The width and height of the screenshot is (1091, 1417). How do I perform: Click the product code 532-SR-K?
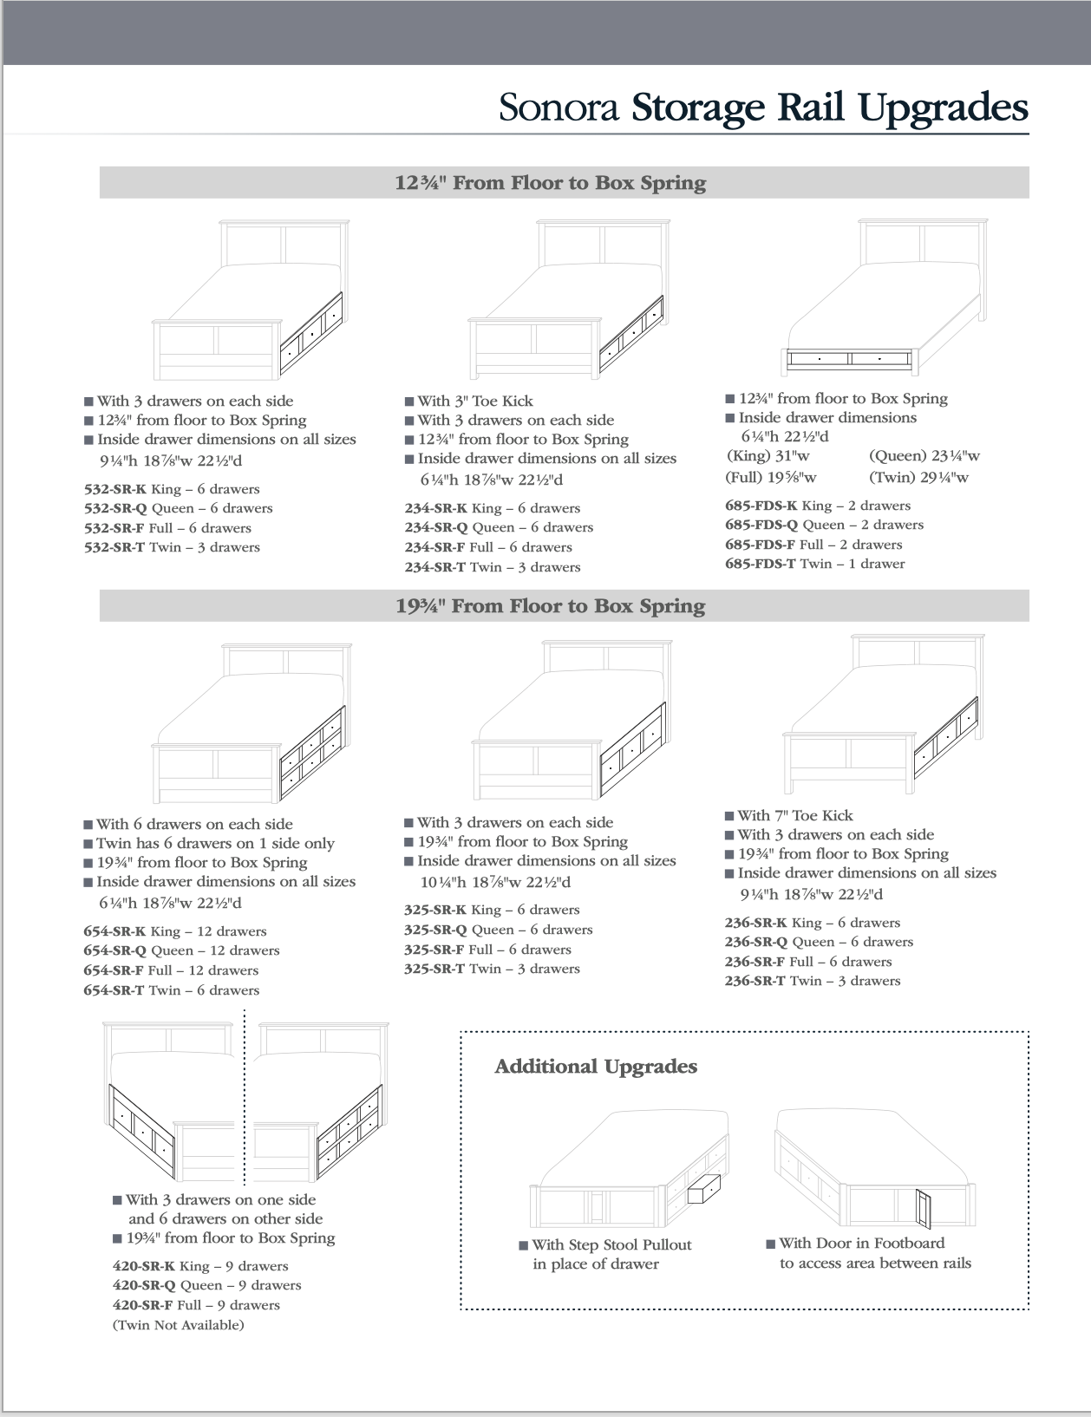pos(115,489)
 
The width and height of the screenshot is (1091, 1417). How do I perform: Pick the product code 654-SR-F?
pos(114,970)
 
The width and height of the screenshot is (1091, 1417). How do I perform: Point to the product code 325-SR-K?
pos(435,910)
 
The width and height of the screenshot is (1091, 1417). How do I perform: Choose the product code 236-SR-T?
pos(755,981)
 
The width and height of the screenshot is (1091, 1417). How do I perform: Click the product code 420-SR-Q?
pos(144,1285)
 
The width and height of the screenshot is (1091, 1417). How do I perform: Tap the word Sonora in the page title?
pos(559,108)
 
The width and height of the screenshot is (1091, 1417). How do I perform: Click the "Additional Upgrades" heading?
pos(596,1067)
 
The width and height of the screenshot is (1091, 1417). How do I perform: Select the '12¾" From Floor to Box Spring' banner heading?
pos(551,183)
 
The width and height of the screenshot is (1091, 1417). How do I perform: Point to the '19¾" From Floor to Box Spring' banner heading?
pos(551,606)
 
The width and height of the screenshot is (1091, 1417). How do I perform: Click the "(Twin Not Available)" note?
pos(178,1325)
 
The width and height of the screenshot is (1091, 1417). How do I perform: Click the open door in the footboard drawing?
pos(923,1206)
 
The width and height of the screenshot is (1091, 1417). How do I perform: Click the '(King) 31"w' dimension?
pos(768,456)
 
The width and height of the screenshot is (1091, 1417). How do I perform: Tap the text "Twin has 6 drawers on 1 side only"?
pos(214,843)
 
